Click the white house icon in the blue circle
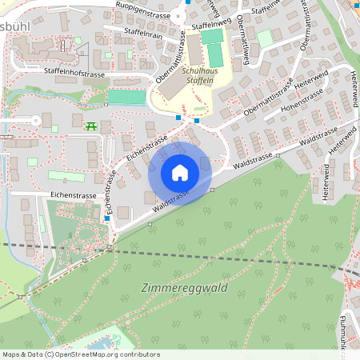(180, 173)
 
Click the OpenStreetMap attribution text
(81, 354)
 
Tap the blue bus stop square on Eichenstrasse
(106, 218)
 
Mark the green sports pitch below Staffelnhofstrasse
(128, 96)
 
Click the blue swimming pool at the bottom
(100, 345)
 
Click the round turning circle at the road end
(34, 120)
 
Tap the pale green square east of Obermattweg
(265, 38)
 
